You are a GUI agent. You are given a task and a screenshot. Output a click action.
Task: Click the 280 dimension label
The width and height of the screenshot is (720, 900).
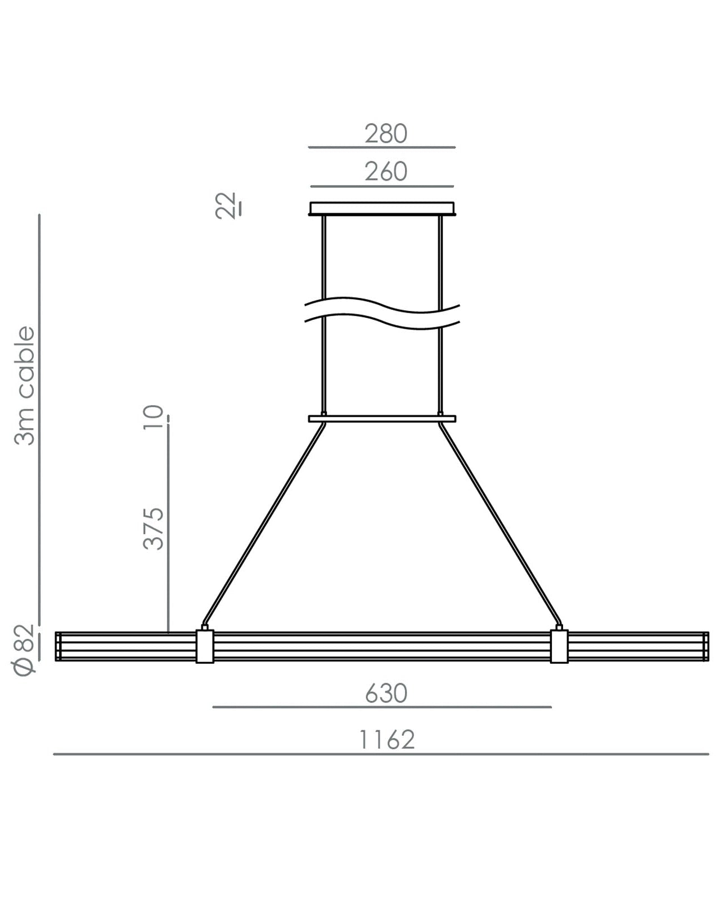click(385, 134)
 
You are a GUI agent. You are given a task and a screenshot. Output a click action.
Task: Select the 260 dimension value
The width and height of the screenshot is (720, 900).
click(385, 172)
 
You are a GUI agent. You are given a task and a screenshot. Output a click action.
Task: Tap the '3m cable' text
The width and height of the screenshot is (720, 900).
click(24, 385)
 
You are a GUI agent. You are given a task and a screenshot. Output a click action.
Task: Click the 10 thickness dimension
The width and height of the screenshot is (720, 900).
click(153, 417)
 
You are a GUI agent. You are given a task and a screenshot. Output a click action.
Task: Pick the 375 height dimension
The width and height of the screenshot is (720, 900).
click(153, 529)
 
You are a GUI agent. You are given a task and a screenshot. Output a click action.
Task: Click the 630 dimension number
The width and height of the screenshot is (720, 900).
click(386, 694)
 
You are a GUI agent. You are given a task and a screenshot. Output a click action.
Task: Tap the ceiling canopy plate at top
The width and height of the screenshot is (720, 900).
click(382, 209)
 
